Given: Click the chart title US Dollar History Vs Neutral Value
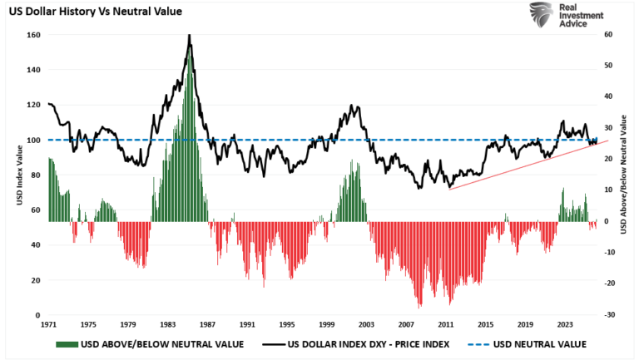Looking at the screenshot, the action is click(x=96, y=12).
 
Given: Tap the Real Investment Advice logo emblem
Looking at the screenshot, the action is click(x=542, y=15).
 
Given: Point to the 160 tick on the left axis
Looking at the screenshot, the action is click(x=33, y=35).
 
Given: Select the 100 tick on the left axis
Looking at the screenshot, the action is click(x=33, y=140).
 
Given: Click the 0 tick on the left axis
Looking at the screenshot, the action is click(x=38, y=315).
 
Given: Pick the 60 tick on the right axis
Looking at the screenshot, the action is click(x=608, y=35).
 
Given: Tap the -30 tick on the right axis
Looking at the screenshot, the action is click(x=608, y=315).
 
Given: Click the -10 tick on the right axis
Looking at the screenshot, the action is click(x=608, y=253).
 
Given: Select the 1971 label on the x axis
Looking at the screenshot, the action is click(x=48, y=324).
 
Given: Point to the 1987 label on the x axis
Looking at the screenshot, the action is click(x=207, y=324).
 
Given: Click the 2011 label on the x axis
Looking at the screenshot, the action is click(x=446, y=324).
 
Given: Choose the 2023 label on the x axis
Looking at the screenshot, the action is click(x=565, y=324).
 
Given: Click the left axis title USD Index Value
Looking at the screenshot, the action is click(x=19, y=175).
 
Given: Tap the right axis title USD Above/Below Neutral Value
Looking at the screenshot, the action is click(x=623, y=175).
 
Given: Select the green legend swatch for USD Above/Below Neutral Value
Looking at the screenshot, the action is click(x=67, y=344).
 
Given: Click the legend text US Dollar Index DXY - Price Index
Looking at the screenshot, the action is click(x=369, y=344).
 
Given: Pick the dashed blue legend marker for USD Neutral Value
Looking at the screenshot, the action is click(x=478, y=344).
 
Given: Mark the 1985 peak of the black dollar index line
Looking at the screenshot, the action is click(x=189, y=35).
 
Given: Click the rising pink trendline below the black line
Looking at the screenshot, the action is click(x=528, y=165).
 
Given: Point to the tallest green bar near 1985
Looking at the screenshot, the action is click(x=189, y=136).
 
